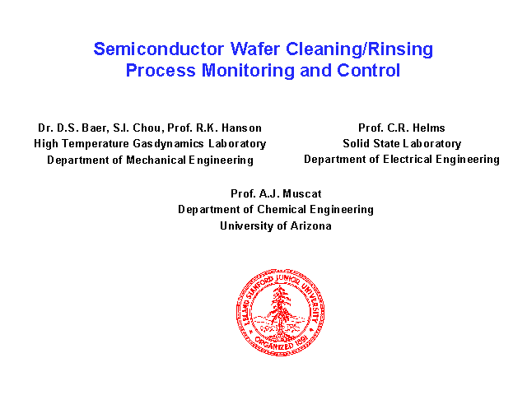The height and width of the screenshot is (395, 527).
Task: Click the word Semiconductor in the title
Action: tap(159, 49)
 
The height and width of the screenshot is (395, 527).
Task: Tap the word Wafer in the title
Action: tap(254, 49)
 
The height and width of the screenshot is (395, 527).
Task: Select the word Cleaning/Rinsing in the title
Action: tap(359, 49)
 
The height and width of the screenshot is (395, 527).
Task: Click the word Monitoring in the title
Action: tap(248, 72)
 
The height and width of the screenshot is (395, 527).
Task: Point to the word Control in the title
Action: tap(368, 71)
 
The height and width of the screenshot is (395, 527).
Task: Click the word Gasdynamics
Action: tap(168, 144)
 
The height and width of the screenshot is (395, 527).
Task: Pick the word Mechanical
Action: tap(156, 160)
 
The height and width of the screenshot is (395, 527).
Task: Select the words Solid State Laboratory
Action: tap(402, 144)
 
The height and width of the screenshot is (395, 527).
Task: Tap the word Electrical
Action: tap(408, 159)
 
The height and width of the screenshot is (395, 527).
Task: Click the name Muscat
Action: tap(302, 194)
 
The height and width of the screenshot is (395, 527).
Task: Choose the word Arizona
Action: tap(311, 225)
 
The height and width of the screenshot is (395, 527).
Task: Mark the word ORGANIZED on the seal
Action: tap(273, 344)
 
